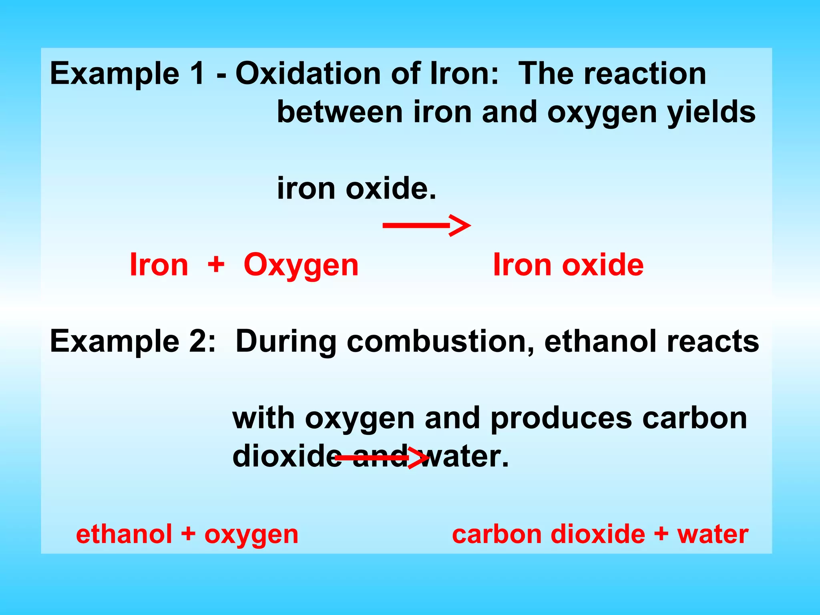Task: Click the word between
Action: tap(340, 112)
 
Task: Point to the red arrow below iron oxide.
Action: tap(426, 226)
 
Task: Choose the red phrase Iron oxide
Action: tap(568, 265)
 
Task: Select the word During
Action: tap(286, 342)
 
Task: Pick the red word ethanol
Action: tap(124, 534)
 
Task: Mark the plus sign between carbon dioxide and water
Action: tap(661, 534)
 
